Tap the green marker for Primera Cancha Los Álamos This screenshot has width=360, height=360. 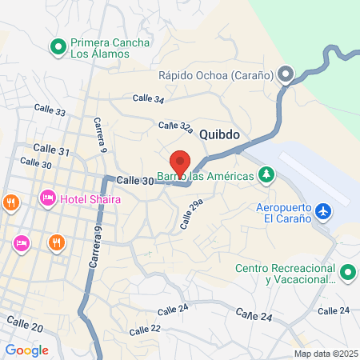coord(58,48)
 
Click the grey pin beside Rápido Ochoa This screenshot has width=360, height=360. coord(286,75)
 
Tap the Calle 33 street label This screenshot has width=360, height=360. coord(50,110)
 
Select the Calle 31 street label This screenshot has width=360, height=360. coord(53,150)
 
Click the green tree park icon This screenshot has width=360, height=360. coord(266,174)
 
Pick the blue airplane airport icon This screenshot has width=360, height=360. coord(323,211)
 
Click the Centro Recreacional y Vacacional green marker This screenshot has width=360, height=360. coord(347,273)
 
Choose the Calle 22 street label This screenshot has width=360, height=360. coord(145,329)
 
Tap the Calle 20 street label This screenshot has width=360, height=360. coord(25,323)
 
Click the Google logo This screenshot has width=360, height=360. coord(26,350)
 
